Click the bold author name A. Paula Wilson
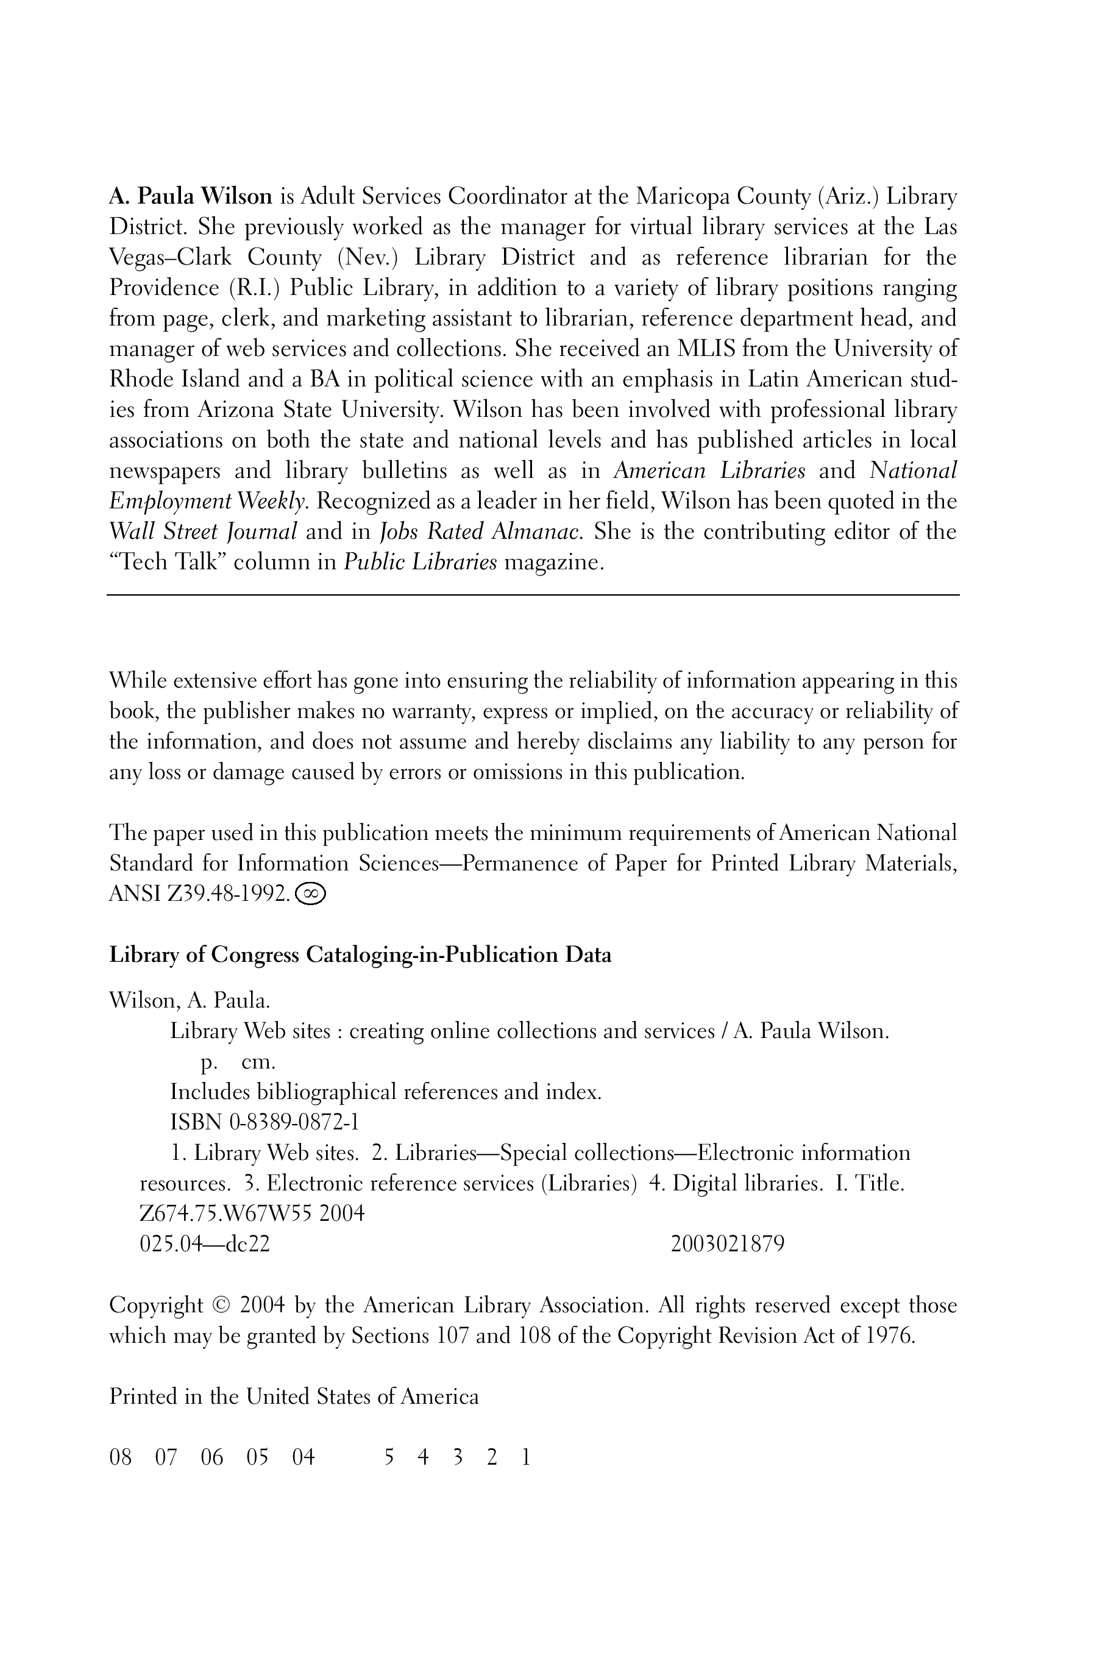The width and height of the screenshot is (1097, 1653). (x=190, y=197)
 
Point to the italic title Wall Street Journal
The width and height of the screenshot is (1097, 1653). (x=204, y=531)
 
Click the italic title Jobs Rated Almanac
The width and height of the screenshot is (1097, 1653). (x=480, y=531)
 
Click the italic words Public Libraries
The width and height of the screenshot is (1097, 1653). (x=420, y=563)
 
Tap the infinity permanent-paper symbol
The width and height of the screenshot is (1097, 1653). (x=311, y=894)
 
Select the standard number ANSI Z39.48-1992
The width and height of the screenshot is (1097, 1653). (x=199, y=894)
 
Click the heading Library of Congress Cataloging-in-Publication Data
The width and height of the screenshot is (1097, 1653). (x=360, y=956)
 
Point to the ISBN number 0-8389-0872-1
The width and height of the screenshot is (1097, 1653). (x=293, y=1123)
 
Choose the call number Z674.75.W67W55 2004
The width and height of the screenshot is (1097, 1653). (x=252, y=1213)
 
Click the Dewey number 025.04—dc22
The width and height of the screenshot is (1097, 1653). (x=204, y=1244)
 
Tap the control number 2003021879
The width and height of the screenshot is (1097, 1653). (x=728, y=1244)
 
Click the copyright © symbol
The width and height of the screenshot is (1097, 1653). (x=221, y=1306)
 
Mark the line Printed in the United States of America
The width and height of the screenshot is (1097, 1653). (x=294, y=1397)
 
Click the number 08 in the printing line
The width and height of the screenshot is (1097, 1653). (x=120, y=1458)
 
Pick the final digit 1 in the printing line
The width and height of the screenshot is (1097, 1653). (x=526, y=1458)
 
